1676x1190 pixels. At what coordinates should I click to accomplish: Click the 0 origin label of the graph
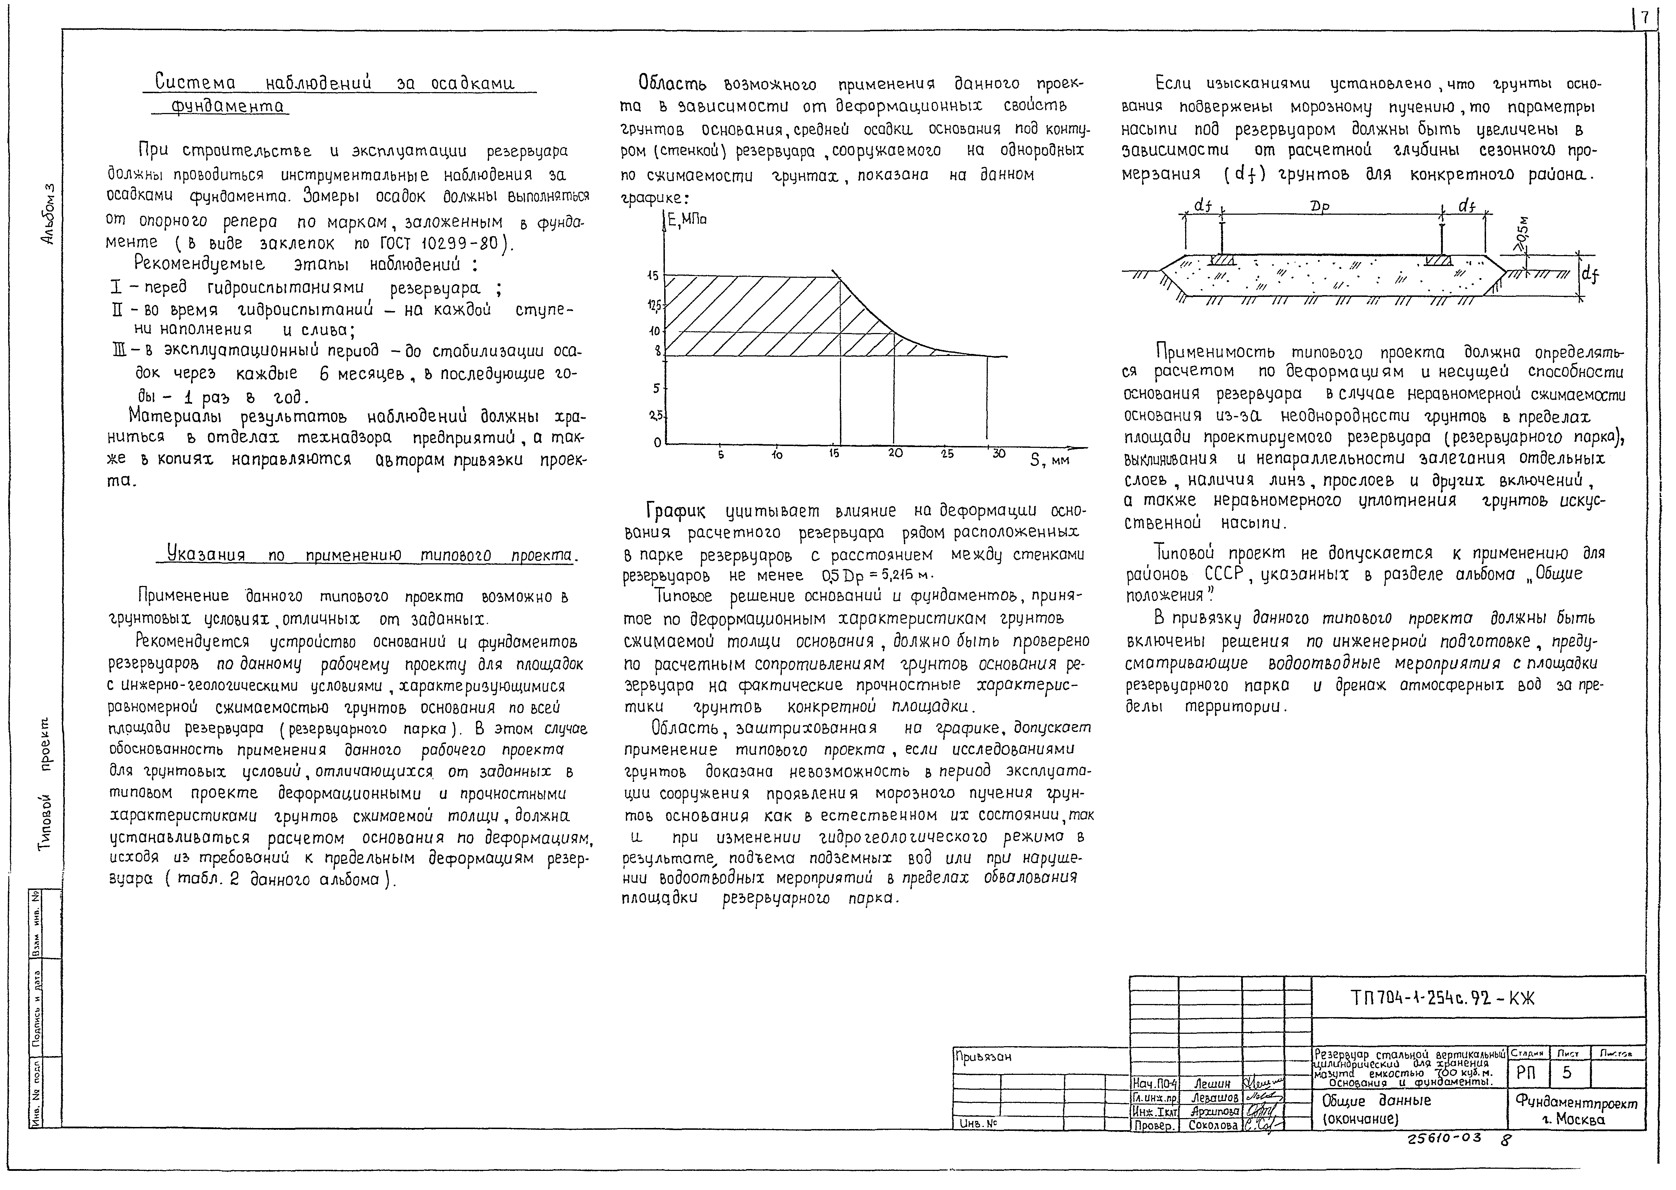tap(657, 442)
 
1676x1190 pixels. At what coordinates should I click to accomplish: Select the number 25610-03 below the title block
tap(1444, 1138)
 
